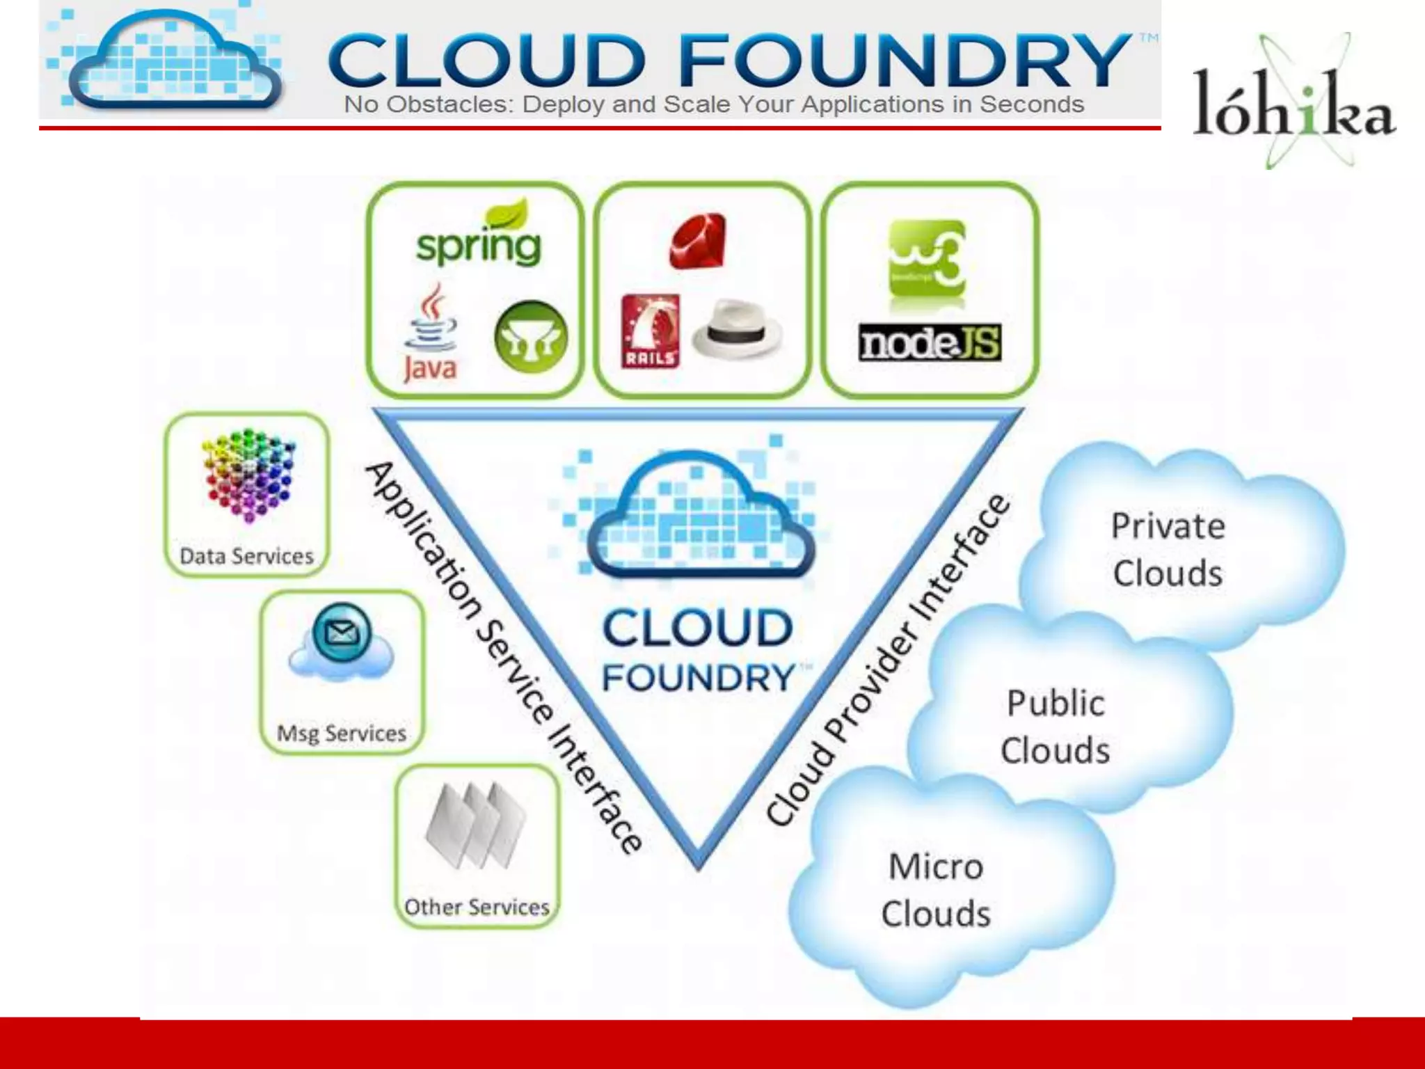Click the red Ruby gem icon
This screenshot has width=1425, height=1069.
click(698, 241)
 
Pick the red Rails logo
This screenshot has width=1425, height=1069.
click(650, 331)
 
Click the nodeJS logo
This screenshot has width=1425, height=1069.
click(930, 343)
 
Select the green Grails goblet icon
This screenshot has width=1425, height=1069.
click(531, 339)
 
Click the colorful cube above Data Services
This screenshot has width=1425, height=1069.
click(248, 474)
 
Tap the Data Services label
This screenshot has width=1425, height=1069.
click(247, 557)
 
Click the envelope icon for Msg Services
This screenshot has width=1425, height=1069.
click(342, 634)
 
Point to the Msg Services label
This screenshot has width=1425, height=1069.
click(342, 734)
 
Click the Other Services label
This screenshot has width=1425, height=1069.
click(477, 908)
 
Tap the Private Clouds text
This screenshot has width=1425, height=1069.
click(1168, 550)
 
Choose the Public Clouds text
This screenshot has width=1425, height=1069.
click(1056, 727)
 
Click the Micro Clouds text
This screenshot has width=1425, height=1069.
click(936, 890)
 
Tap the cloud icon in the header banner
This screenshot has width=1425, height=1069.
click(174, 63)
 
